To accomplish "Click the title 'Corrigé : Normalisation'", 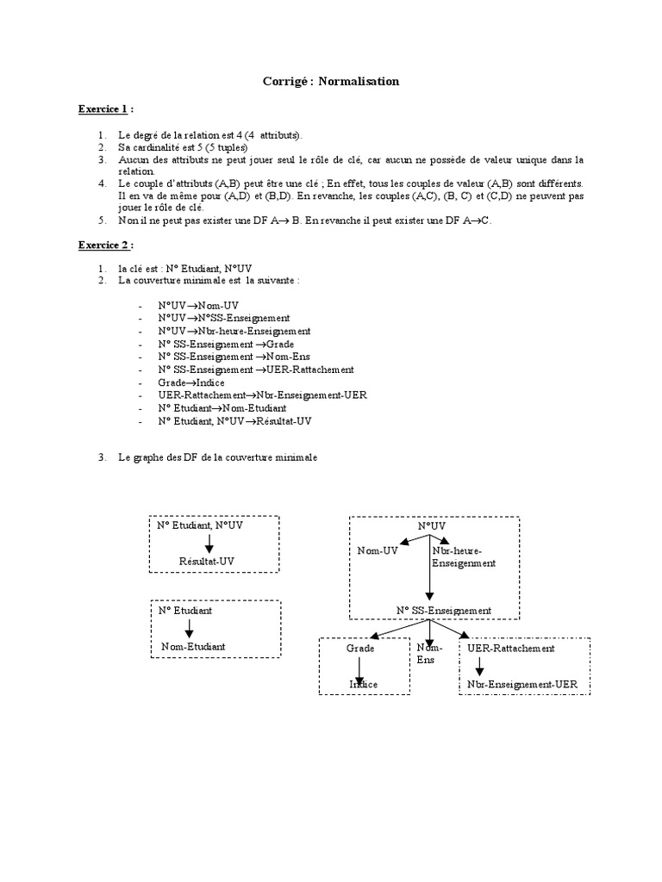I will coord(331,81).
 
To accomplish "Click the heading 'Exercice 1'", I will coord(102,109).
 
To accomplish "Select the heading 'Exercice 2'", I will coord(102,245).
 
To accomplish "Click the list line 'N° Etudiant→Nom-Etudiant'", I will coord(222,407).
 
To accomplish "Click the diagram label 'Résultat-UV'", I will coord(206,561).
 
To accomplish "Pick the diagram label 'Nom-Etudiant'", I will coord(194,646).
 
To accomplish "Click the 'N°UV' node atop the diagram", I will coord(431,525).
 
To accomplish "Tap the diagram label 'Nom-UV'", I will coord(378,550).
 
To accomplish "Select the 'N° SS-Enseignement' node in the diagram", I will coord(444,611).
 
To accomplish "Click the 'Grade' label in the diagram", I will coord(360,648).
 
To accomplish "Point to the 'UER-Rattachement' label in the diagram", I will coord(510,648).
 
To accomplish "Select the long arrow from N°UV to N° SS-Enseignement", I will coord(428,568).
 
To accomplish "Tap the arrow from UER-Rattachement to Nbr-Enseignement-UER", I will coord(479,666).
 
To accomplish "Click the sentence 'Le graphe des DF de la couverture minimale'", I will coord(218,458).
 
